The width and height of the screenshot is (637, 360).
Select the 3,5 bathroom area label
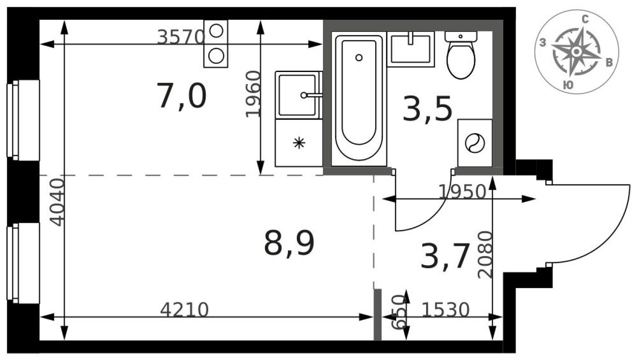point(427,110)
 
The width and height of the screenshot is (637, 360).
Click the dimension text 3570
point(181,37)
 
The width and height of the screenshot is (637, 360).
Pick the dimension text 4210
point(184,310)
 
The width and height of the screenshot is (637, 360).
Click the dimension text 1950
point(462,192)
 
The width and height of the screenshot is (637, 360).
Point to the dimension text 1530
point(446,310)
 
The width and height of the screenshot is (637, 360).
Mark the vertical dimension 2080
point(485,255)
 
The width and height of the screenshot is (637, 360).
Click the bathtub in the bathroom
point(359,97)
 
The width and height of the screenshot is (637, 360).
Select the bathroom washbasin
point(410,49)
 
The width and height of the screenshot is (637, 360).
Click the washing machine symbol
point(475,144)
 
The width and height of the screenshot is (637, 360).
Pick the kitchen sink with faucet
point(297,95)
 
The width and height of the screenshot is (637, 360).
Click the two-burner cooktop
point(216,44)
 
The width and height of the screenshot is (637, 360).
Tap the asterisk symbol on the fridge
point(299,143)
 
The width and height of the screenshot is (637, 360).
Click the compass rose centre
point(576,52)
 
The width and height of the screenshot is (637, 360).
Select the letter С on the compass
point(585,19)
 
